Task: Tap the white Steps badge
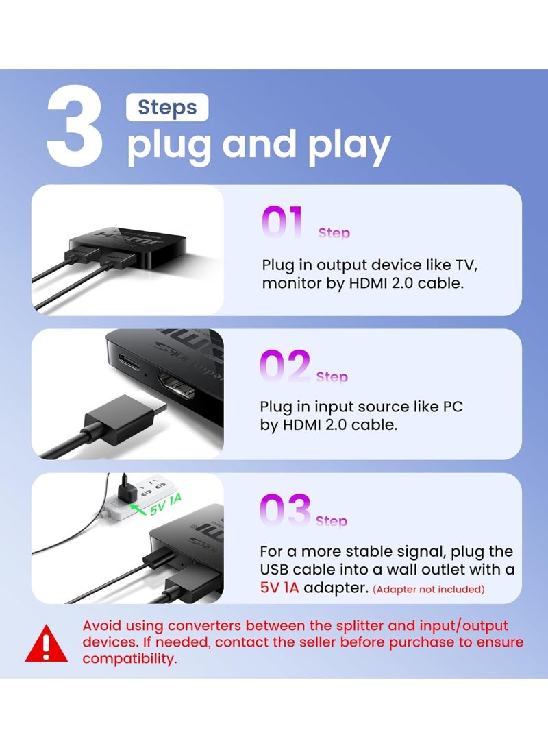point(167,108)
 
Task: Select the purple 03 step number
point(285,511)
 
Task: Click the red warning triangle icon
point(46,644)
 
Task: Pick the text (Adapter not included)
point(429,589)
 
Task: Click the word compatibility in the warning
point(129,659)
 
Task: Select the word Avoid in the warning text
point(101,625)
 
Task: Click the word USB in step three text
point(275,570)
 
